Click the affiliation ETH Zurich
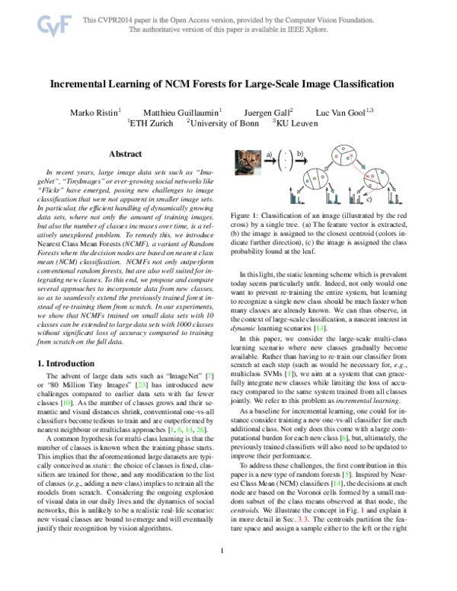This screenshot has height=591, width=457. coord(155,122)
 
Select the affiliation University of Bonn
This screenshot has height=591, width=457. coord(227,122)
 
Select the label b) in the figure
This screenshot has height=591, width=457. coord(300,155)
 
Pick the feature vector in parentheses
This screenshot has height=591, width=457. coord(286,161)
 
